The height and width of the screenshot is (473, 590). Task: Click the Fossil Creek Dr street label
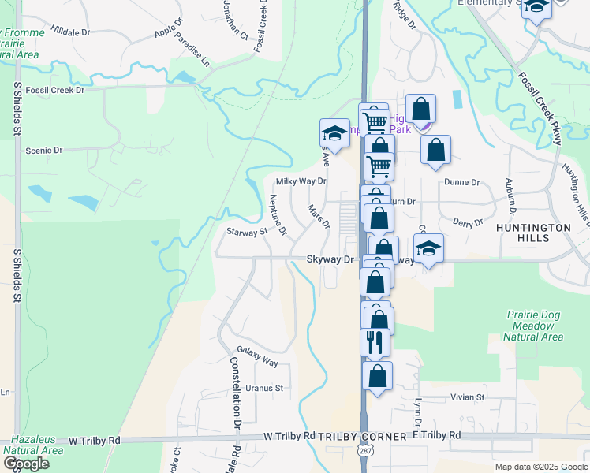tap(54, 90)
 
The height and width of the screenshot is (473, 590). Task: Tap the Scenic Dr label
tap(43, 150)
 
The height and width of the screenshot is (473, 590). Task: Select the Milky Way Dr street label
tap(301, 181)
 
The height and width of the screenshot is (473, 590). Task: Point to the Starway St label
tap(248, 232)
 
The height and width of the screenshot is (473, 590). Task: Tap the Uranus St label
tap(263, 388)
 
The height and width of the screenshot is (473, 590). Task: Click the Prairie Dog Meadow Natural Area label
tap(534, 326)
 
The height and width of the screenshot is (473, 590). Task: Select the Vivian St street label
tap(467, 398)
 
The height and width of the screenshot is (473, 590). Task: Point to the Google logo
tap(25, 464)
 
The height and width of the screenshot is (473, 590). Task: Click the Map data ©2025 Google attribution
tap(541, 467)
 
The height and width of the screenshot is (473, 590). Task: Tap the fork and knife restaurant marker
tap(375, 341)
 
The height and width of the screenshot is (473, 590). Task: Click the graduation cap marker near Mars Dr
tap(334, 133)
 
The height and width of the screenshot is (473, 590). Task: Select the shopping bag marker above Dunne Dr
tap(435, 150)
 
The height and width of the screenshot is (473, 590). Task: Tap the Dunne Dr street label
tap(461, 182)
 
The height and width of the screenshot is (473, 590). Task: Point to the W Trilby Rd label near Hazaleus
tap(94, 440)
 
